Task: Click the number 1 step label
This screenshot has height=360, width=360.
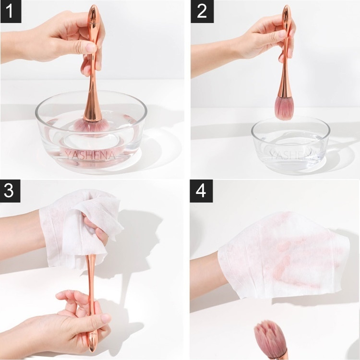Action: (x=11, y=12)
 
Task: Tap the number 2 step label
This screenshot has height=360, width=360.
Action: (x=202, y=12)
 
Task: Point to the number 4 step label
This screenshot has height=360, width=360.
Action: (x=201, y=191)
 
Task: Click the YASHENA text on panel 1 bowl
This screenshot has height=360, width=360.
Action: (x=90, y=155)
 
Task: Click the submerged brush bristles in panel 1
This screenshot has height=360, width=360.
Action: (x=92, y=126)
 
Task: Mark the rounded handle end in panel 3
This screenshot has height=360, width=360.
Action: (x=91, y=347)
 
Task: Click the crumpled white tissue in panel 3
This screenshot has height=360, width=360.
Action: (x=80, y=228)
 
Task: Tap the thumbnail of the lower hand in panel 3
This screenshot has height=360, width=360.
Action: (x=106, y=318)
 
